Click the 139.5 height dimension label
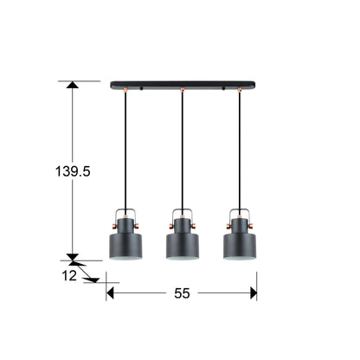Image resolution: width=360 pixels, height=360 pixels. (x=71, y=171)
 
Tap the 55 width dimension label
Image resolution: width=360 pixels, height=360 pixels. (x=181, y=293)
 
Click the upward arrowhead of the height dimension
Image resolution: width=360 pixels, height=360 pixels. (x=72, y=87)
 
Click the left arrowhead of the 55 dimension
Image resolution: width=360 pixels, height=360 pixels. (x=111, y=293)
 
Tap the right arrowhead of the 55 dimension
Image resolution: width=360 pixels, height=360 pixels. (x=253, y=293)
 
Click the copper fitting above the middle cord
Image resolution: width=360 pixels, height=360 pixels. (x=182, y=90)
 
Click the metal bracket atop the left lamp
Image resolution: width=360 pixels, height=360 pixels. (x=128, y=213)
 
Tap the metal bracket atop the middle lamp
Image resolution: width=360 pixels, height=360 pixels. (x=182, y=213)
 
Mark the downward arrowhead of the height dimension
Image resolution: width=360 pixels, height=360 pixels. (x=72, y=256)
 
